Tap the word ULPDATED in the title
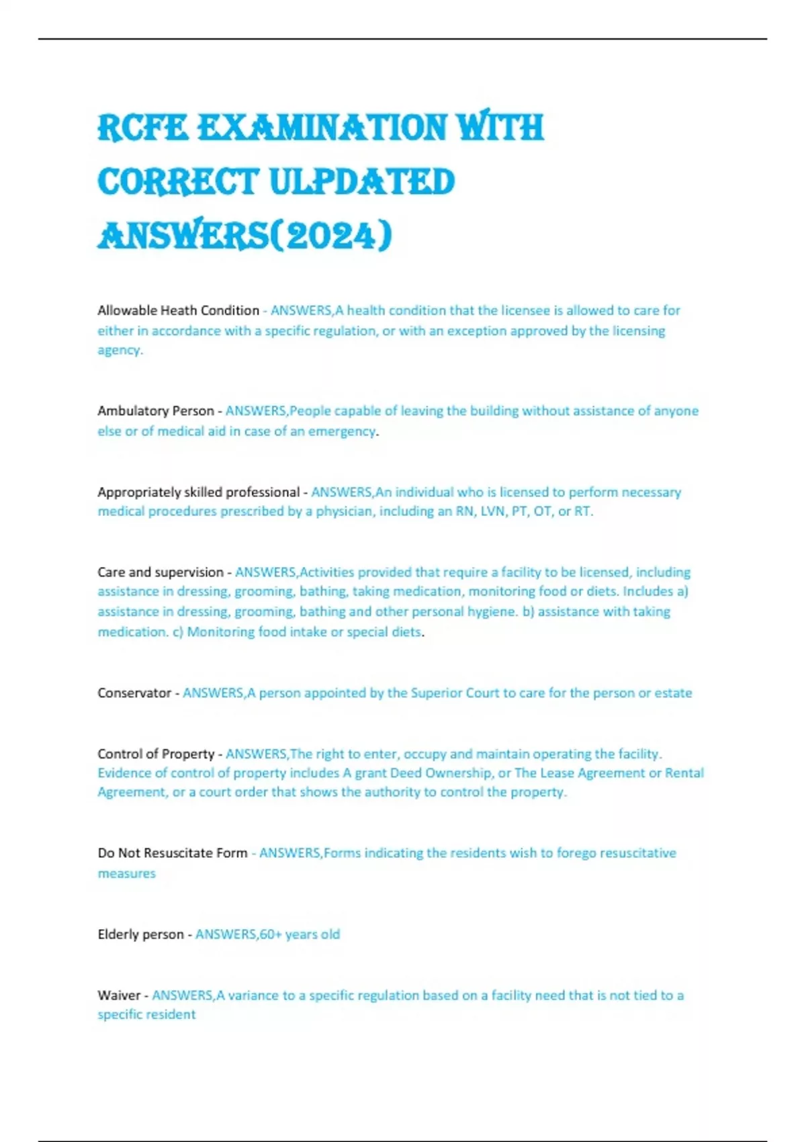click(362, 182)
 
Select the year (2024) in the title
click(330, 236)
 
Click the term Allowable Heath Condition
click(178, 310)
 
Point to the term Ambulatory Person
click(155, 410)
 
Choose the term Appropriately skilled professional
click(198, 492)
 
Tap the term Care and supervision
click(160, 572)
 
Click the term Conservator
click(134, 693)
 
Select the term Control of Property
click(155, 754)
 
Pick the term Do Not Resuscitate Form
click(172, 853)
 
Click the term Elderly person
click(140, 934)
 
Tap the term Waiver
click(118, 995)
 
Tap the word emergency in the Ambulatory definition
click(343, 431)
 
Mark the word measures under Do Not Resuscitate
click(126, 873)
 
